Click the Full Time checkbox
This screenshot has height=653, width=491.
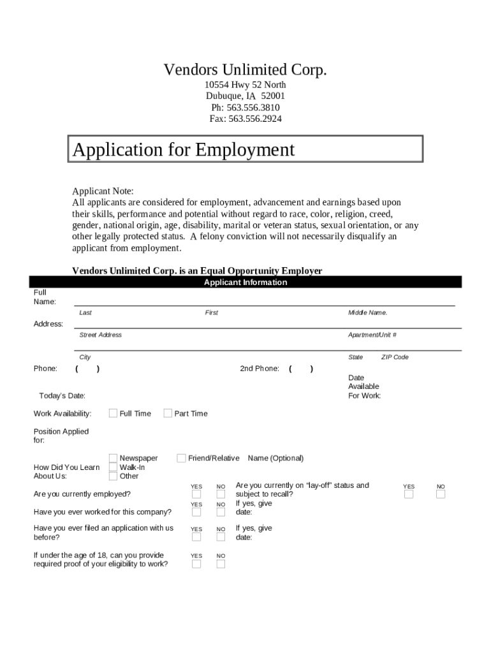click(113, 413)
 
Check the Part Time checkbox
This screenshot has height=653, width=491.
click(168, 413)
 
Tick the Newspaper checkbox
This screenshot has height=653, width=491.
click(113, 458)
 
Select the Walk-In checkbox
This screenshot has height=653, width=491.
click(113, 467)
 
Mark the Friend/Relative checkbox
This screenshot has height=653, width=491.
click(181, 458)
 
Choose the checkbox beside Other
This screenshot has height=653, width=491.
click(113, 476)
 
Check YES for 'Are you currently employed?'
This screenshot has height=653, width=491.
click(196, 494)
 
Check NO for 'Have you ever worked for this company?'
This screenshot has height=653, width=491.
click(221, 512)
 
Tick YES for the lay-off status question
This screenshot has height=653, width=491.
click(408, 494)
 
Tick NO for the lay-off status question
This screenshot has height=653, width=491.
click(441, 494)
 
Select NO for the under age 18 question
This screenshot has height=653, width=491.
click(221, 564)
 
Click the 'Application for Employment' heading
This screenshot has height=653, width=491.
click(184, 150)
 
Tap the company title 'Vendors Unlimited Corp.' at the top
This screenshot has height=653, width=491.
click(246, 70)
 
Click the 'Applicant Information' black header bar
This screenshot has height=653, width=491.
click(246, 282)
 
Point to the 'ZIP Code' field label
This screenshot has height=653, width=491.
click(395, 357)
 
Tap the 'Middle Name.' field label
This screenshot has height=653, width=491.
click(367, 312)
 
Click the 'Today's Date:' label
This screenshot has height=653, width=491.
click(62, 396)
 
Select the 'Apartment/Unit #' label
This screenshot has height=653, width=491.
click(372, 335)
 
